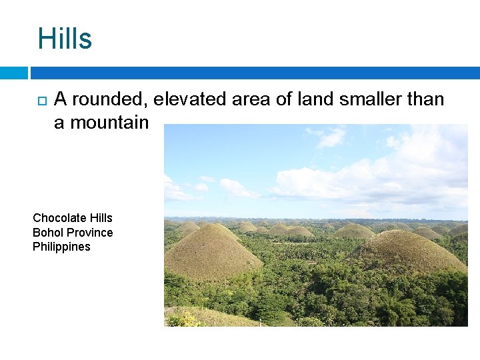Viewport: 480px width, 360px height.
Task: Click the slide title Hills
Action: tap(65, 39)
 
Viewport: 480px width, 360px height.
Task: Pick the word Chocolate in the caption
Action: tap(59, 218)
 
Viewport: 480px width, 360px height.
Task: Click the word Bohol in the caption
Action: tap(47, 233)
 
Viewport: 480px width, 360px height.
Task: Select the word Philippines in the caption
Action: tap(61, 247)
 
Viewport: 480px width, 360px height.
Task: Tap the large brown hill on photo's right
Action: tap(407, 253)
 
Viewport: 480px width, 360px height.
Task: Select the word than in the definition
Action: tap(426, 99)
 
